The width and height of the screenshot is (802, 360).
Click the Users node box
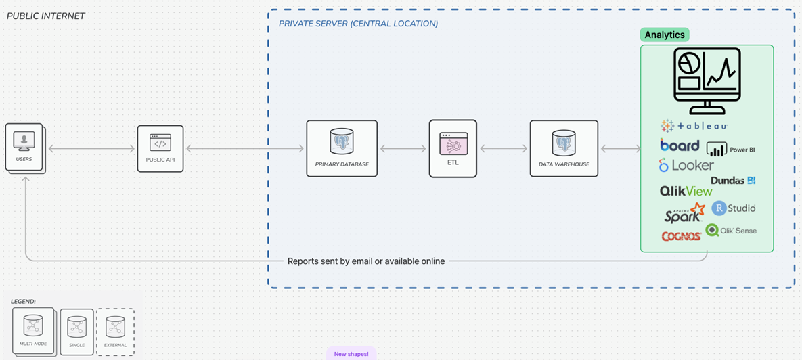tap(24, 147)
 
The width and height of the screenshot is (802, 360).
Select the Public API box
tap(160, 148)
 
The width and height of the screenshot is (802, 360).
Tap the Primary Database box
tap(342, 148)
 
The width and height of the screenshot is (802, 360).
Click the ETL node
tap(453, 148)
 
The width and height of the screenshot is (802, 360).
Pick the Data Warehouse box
tap(564, 148)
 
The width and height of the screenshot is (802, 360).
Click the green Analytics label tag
tap(665, 35)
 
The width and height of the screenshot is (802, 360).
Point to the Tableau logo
tap(694, 126)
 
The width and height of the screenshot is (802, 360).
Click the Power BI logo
tap(730, 149)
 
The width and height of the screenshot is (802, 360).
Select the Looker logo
tap(686, 165)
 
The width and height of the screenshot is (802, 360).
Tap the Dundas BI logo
tap(733, 181)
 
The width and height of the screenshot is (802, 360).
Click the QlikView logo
tap(686, 192)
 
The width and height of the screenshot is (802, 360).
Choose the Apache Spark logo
tap(684, 214)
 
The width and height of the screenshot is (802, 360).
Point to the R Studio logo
tap(734, 208)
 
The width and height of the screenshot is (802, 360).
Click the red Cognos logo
tap(681, 236)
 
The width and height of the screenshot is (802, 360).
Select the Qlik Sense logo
tap(731, 231)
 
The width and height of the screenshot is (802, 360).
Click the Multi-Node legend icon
tap(33, 330)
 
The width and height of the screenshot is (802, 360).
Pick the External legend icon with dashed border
tap(115, 332)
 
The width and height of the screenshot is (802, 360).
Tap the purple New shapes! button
tap(351, 353)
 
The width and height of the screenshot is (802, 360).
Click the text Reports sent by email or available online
tap(366, 261)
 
